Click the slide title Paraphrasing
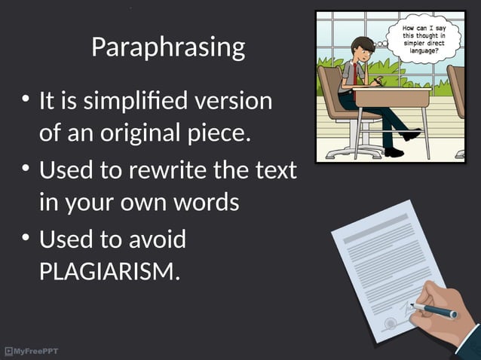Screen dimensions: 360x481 click(x=168, y=47)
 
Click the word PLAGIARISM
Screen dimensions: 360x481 click(x=109, y=269)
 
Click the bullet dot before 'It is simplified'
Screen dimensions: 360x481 click(x=26, y=100)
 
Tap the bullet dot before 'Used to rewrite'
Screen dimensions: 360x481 click(x=26, y=171)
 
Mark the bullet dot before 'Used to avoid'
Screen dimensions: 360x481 click(x=26, y=240)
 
